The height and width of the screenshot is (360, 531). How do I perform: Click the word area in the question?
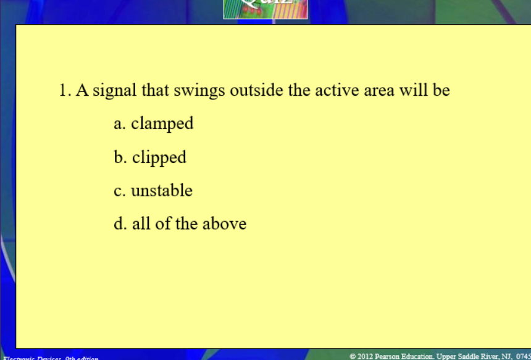tap(378, 91)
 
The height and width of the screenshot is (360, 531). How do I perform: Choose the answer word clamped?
tap(162, 123)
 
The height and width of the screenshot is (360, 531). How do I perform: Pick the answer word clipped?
tap(159, 158)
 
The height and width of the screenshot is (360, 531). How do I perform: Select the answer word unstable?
tap(162, 190)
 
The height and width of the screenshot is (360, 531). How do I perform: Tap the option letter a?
tap(119, 124)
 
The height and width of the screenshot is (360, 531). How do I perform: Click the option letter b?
tap(119, 157)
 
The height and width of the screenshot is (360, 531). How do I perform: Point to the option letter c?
tap(119, 191)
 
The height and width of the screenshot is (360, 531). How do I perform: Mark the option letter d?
tap(119, 224)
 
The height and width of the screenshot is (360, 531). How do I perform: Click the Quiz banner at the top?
tap(265, 9)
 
